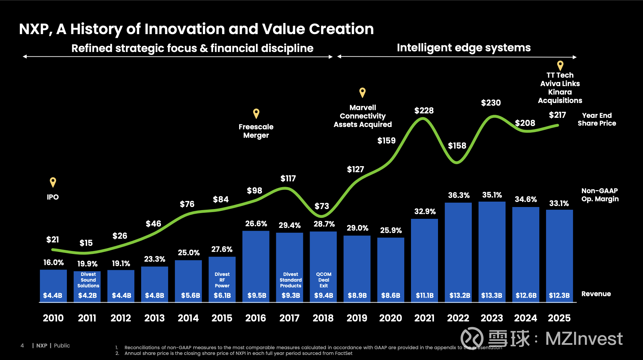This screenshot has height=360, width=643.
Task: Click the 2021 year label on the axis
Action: pyautogui.click(x=425, y=318)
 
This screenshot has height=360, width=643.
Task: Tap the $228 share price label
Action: pyautogui.click(x=424, y=111)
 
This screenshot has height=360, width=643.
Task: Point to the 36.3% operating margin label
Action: pyautogui.click(x=459, y=195)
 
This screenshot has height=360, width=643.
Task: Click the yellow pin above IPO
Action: pyautogui.click(x=53, y=182)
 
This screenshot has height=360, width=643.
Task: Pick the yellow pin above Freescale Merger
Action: pyautogui.click(x=256, y=113)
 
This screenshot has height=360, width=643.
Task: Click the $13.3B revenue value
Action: pyautogui.click(x=492, y=295)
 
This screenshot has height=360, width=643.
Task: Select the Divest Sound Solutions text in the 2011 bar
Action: pyautogui.click(x=88, y=280)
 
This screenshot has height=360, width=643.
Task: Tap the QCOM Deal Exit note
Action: pyautogui.click(x=324, y=280)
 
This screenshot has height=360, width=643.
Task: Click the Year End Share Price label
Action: pyautogui.click(x=597, y=119)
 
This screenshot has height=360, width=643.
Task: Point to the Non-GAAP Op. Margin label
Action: pyautogui.click(x=600, y=195)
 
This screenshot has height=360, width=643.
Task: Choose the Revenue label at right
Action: pyautogui.click(x=596, y=294)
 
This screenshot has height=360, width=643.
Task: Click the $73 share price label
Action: pyautogui.click(x=321, y=206)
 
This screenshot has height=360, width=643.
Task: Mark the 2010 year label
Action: pyautogui.click(x=53, y=318)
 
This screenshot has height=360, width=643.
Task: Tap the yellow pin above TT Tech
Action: pyautogui.click(x=560, y=65)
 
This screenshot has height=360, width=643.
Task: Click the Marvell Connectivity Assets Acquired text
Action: pyautogui.click(x=363, y=116)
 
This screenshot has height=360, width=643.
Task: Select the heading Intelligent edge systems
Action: pyautogui.click(x=464, y=48)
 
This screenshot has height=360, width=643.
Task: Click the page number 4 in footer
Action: pyautogui.click(x=22, y=345)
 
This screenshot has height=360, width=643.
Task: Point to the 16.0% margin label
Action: pyautogui.click(x=53, y=262)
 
